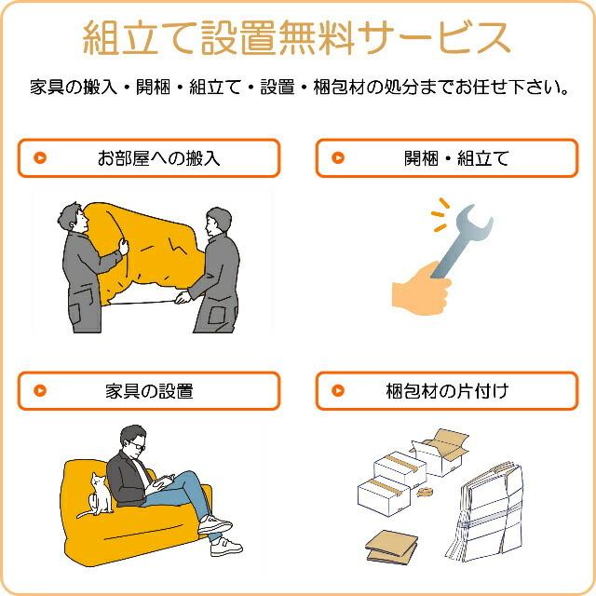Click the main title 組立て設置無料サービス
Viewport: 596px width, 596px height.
[297, 38]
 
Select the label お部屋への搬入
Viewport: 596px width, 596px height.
[158, 158]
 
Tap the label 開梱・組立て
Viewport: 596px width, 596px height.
[456, 158]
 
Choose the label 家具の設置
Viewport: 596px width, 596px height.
[149, 391]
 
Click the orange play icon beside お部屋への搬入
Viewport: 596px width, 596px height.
[40, 158]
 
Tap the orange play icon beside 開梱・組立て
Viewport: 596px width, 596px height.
[339, 158]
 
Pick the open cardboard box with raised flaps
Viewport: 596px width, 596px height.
[440, 453]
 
